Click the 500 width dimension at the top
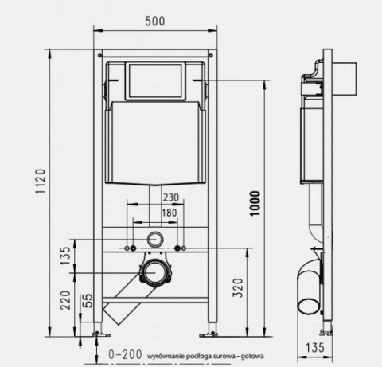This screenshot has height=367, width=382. [x=155, y=21]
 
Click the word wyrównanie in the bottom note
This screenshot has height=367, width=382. [x=159, y=356]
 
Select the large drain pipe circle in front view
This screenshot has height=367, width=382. [x=155, y=273]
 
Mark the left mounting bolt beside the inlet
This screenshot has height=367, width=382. [x=130, y=249]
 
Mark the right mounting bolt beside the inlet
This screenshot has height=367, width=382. [x=182, y=249]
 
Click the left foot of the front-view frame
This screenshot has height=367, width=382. [x=99, y=332]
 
